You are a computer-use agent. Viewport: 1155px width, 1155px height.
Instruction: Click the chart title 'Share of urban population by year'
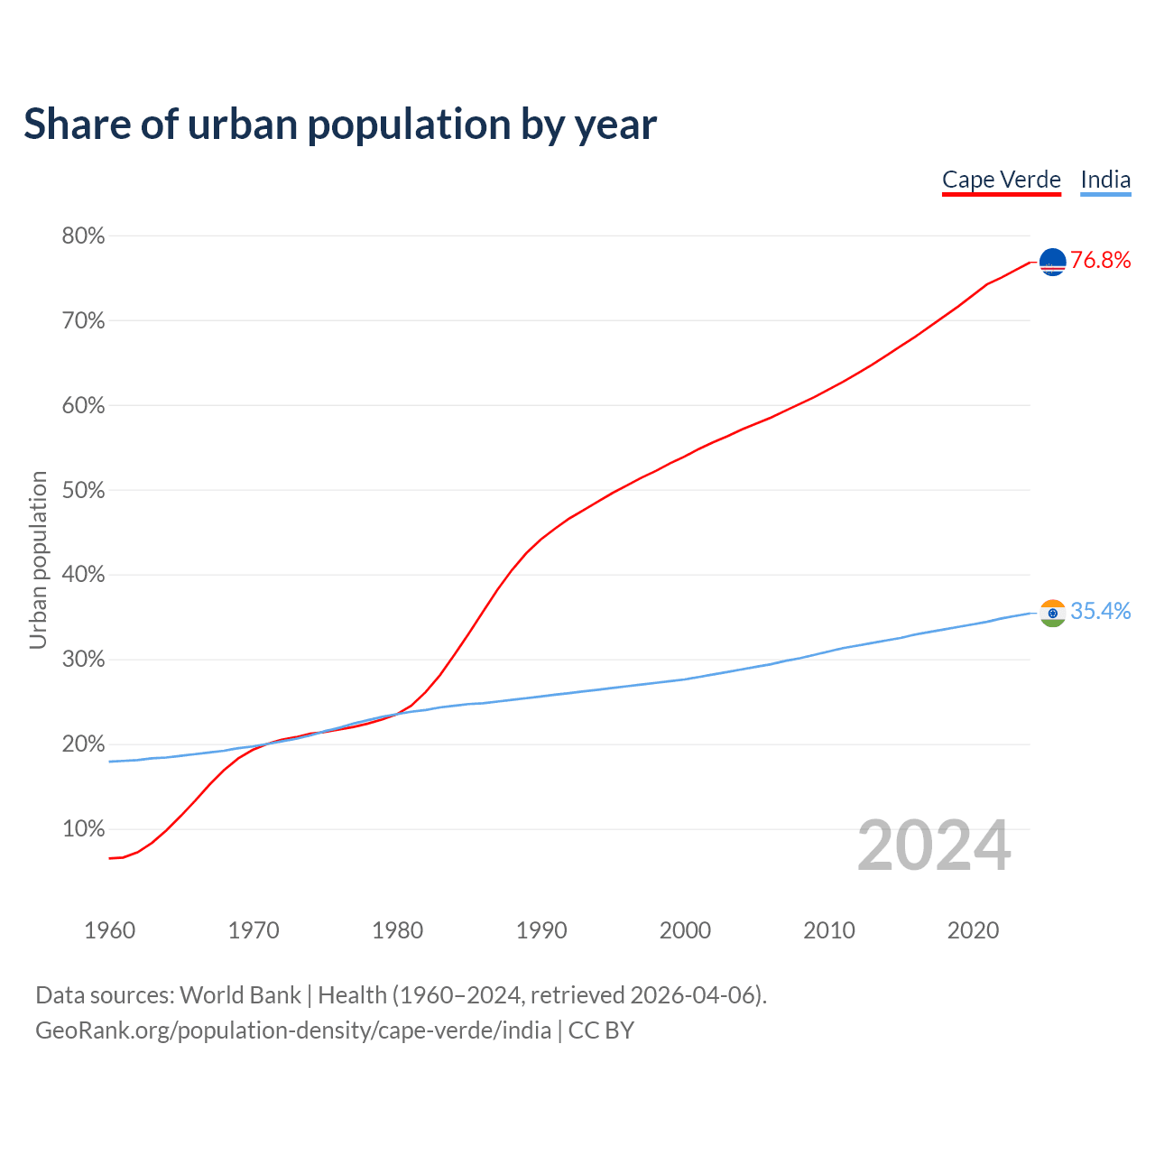click(x=340, y=125)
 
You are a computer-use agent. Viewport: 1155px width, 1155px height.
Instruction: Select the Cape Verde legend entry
click(x=1001, y=180)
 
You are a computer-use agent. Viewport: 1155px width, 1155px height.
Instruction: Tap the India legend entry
click(x=1105, y=180)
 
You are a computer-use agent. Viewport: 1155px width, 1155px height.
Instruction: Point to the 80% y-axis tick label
click(x=83, y=236)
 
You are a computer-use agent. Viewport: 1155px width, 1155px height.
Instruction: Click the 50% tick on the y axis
click(x=83, y=491)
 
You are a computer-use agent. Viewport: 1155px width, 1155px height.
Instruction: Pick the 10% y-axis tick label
click(x=83, y=829)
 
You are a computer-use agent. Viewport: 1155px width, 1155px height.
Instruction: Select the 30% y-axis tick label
click(x=83, y=660)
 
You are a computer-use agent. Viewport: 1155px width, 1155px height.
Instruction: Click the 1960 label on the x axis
click(x=109, y=930)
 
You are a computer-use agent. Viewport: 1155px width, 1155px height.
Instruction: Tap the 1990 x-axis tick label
click(x=541, y=930)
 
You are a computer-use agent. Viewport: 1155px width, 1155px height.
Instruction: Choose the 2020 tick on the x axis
click(x=973, y=930)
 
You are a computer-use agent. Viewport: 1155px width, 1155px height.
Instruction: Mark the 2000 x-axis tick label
click(x=685, y=930)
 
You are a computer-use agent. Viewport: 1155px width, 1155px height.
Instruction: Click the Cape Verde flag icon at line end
click(x=1053, y=262)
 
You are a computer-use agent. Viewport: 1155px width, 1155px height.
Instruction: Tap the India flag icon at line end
click(x=1053, y=613)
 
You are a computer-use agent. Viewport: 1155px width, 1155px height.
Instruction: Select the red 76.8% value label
click(x=1101, y=261)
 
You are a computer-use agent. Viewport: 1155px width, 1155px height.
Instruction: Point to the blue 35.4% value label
click(x=1101, y=612)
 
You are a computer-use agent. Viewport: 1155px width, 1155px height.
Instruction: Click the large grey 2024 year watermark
click(x=934, y=846)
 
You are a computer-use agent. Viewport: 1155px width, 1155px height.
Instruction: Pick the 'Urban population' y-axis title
click(x=38, y=559)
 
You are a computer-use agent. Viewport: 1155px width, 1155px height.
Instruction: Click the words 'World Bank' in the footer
click(x=240, y=995)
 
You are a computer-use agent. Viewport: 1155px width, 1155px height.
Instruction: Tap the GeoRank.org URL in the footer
click(x=293, y=1030)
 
